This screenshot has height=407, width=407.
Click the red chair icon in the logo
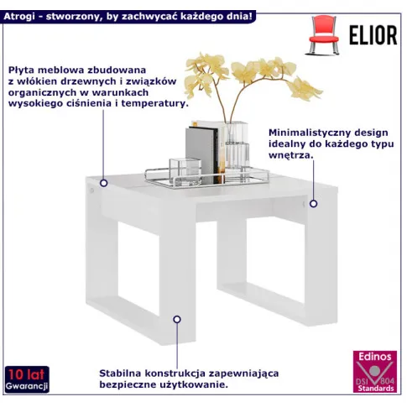tap(324, 35)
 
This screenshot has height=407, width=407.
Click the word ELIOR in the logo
tap(373, 35)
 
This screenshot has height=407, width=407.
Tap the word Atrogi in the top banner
tap(19, 17)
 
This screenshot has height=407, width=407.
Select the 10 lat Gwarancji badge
tap(27, 378)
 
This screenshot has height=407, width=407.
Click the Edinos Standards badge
tap(375, 371)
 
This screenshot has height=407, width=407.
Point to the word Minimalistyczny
tap(309, 133)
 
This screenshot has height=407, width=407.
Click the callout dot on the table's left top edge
tap(104, 183)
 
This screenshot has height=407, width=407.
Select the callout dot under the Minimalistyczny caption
tap(313, 204)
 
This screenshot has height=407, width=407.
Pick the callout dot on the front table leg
tap(177, 319)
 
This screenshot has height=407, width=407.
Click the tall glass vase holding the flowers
tap(237, 149)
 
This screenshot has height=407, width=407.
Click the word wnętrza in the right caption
tap(291, 155)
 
